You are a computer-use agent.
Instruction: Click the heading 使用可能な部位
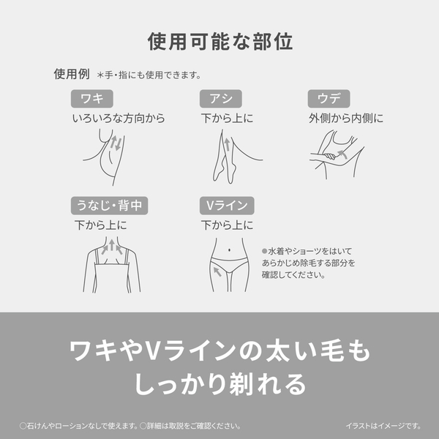coord(219,41)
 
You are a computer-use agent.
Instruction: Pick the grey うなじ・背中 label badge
coord(109,206)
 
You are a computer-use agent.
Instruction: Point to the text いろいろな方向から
coord(119,118)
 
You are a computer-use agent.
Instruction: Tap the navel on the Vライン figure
coord(231,249)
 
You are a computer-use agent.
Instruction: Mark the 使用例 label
coord(72,74)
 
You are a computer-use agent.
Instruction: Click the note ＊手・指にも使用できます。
coord(149,75)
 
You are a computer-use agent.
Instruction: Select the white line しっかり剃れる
coord(219,383)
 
